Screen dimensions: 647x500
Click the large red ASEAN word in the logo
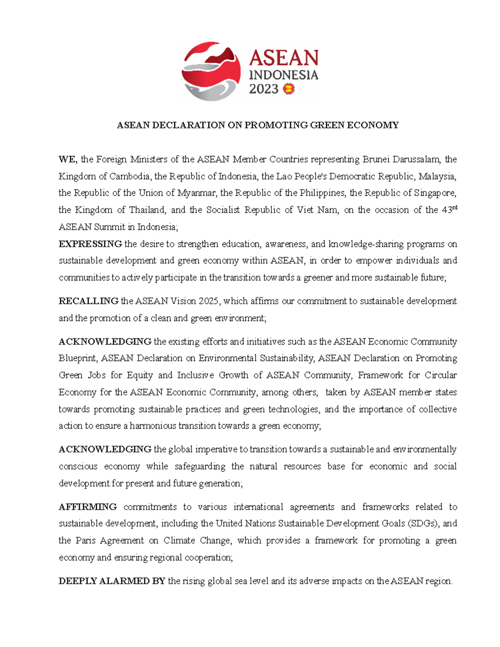click(284, 58)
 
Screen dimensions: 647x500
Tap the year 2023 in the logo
click(263, 89)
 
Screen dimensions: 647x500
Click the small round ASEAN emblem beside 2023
click(288, 89)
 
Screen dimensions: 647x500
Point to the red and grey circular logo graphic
click(211, 71)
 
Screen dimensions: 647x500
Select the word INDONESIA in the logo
click(283, 75)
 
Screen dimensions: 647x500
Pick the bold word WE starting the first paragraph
click(67, 159)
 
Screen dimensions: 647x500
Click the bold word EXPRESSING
click(90, 244)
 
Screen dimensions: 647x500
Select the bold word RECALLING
click(88, 301)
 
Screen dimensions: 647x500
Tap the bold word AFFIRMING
click(87, 507)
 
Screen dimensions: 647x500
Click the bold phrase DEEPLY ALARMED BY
click(112, 581)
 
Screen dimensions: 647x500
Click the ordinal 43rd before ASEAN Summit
click(449, 210)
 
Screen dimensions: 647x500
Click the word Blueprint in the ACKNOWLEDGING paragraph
click(77, 358)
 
